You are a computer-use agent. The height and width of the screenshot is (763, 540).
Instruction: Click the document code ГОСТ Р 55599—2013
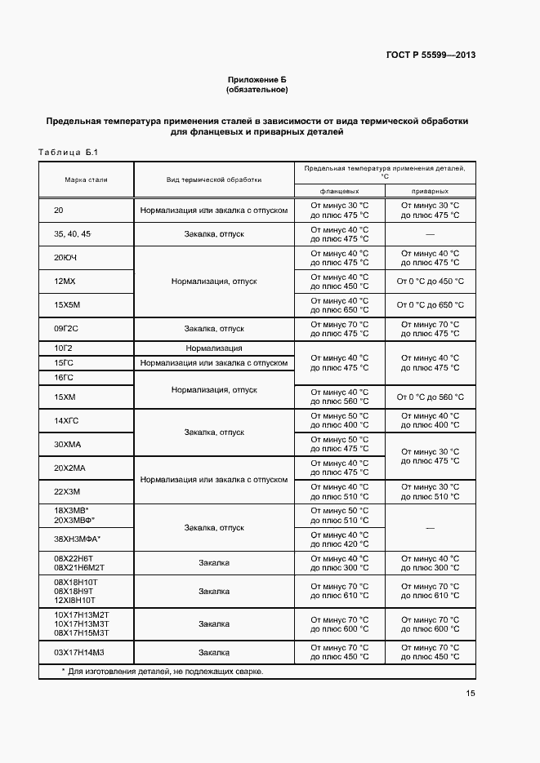point(431,55)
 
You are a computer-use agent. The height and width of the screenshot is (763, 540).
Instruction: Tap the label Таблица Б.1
point(68,153)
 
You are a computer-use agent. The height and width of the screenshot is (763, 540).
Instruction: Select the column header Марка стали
point(86,179)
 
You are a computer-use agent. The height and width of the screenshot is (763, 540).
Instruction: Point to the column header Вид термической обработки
point(214,179)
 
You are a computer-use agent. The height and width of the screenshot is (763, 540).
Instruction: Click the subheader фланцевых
point(339,190)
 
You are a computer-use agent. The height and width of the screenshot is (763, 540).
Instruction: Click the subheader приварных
point(430,190)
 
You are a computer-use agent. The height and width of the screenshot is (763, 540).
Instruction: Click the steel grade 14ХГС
point(65,420)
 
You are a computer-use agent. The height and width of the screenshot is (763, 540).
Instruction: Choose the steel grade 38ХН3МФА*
point(77,539)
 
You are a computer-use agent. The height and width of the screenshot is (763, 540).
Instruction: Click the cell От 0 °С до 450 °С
point(430,282)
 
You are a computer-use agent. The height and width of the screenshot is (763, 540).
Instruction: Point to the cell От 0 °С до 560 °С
point(430,397)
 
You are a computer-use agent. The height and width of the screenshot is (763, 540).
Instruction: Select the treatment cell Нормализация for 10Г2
point(214,348)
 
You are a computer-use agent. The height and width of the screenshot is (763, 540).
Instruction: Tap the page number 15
point(471,694)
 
